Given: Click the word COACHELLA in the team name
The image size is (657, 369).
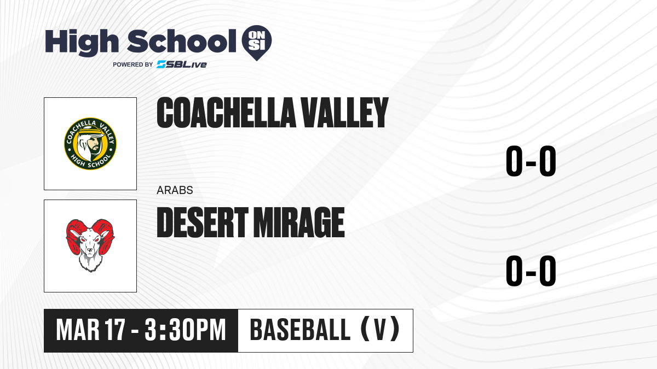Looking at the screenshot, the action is pyautogui.click(x=226, y=113).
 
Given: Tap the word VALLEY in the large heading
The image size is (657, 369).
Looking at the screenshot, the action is pyautogui.click(x=344, y=113).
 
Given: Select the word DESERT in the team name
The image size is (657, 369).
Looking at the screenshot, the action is pyautogui.click(x=203, y=222).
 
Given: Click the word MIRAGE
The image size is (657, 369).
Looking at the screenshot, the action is pyautogui.click(x=299, y=222).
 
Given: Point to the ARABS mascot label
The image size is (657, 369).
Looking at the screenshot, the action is pyautogui.click(x=175, y=190).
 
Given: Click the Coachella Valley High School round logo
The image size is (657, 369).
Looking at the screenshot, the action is pyautogui.click(x=90, y=144).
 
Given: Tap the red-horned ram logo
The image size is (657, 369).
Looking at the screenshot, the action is pyautogui.click(x=90, y=245).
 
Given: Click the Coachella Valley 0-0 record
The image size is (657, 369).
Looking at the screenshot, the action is pyautogui.click(x=531, y=161).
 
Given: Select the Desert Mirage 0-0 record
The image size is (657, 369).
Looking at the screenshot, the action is pyautogui.click(x=531, y=271).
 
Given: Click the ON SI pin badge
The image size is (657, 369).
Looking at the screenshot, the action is pyautogui.click(x=257, y=42).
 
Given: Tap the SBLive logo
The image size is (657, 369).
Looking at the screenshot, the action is pyautogui.click(x=182, y=65).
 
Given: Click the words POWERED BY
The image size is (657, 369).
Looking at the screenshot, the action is pyautogui.click(x=133, y=65).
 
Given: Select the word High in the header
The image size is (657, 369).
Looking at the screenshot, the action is pyautogui.click(x=82, y=42).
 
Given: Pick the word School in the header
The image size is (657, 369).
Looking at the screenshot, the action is pyautogui.click(x=182, y=41).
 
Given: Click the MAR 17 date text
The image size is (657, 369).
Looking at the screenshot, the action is pyautogui.click(x=91, y=330).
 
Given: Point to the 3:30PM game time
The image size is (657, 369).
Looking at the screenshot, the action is pyautogui.click(x=186, y=330).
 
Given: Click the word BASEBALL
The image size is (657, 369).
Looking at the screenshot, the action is pyautogui.click(x=301, y=330).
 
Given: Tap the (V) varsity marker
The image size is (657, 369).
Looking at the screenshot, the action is pyautogui.click(x=380, y=330).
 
